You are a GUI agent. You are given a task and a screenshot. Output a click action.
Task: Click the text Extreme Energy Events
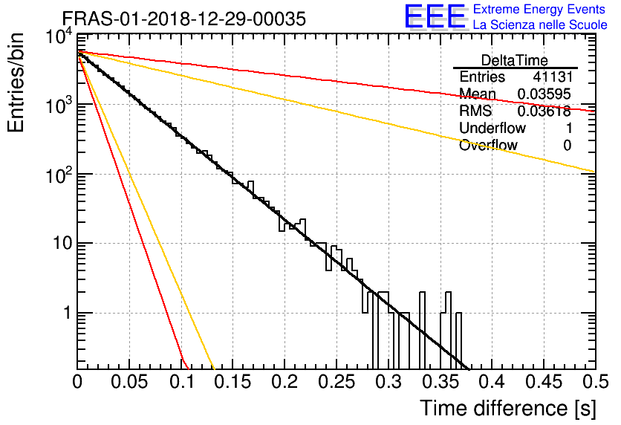(540, 10)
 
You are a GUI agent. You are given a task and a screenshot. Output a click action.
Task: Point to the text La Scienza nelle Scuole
(540, 25)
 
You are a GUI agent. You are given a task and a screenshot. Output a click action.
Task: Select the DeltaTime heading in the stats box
(515, 60)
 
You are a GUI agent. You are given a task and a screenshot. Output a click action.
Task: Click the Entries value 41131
(552, 77)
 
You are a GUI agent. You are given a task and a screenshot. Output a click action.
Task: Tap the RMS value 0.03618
(544, 111)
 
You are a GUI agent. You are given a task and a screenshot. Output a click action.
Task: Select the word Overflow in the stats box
(488, 146)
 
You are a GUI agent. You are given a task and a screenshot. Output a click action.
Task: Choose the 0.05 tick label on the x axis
(129, 383)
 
